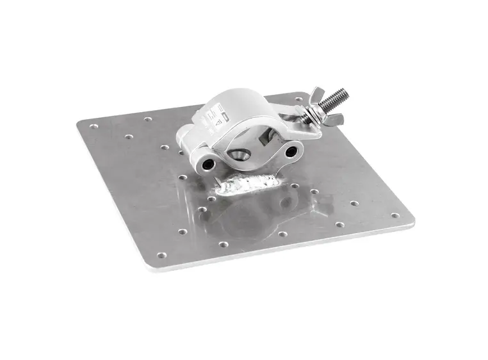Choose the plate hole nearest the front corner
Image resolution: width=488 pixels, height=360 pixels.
(x=161, y=255)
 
